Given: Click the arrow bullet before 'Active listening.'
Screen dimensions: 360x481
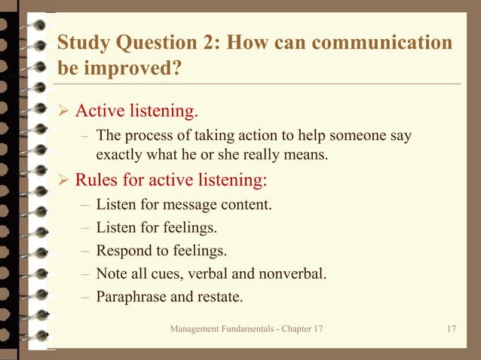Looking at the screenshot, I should (64, 112).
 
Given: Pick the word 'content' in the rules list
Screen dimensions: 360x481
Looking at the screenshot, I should (246, 204).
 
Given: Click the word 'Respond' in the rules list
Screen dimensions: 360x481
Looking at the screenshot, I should (123, 249).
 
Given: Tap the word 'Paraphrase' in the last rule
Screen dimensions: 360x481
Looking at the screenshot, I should (130, 296).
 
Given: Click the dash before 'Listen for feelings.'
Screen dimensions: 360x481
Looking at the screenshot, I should (85, 227).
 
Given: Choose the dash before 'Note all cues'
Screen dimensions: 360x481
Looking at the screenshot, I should (85, 273).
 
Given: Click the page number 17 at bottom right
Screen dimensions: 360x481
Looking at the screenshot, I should (451, 329).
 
